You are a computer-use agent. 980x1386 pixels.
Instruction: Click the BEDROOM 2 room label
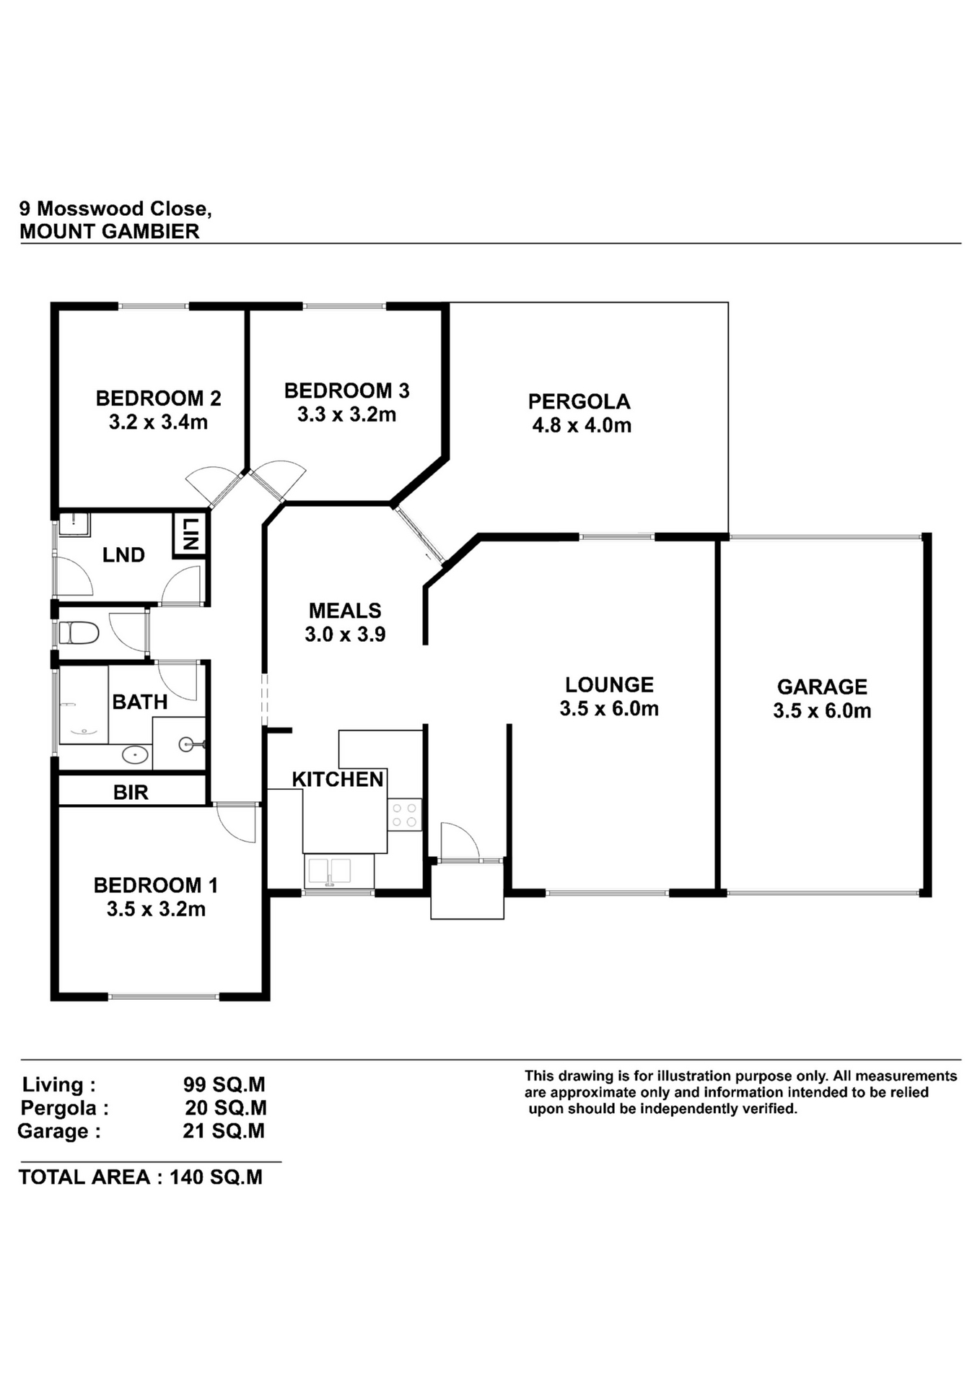coord(158,398)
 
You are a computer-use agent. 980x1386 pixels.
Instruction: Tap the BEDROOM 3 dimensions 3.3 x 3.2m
coord(346,414)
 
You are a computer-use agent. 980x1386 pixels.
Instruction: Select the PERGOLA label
coord(579,401)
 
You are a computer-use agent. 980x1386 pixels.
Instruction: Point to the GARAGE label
coord(822,687)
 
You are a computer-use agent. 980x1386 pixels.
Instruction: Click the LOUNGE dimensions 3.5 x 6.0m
coord(609,708)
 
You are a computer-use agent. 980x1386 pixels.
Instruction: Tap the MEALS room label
coord(345,611)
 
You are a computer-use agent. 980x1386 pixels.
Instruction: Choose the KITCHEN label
coord(338,780)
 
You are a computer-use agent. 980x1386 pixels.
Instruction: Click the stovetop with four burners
coord(404,814)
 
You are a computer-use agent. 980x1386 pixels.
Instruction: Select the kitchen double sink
coord(338,871)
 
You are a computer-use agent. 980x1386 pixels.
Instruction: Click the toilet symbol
coord(79,633)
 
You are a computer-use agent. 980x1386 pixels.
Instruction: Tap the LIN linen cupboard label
coord(191,534)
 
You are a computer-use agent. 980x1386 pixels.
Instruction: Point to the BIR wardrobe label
coord(131,793)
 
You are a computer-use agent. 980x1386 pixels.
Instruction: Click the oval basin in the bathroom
coord(135,755)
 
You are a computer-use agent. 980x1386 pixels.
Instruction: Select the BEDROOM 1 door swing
coord(237,823)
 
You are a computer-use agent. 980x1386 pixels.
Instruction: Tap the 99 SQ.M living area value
coord(224,1084)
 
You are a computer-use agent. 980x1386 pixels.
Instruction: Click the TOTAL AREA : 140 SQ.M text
coord(141,1177)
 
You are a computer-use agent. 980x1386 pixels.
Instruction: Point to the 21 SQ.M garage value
coord(224,1130)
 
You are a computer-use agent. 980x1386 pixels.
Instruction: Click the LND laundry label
coord(123,555)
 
